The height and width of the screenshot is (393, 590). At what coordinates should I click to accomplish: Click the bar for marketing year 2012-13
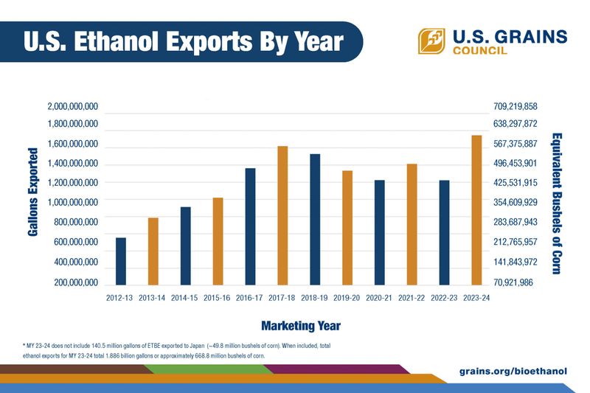pyautogui.click(x=121, y=261)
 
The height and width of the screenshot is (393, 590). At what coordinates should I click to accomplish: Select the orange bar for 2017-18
pyautogui.click(x=282, y=215)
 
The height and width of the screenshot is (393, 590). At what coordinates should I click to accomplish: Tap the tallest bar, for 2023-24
pyautogui.click(x=476, y=210)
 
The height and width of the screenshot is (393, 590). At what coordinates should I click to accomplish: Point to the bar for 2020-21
pyautogui.click(x=380, y=232)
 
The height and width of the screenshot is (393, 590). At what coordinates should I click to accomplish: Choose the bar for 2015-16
pyautogui.click(x=218, y=241)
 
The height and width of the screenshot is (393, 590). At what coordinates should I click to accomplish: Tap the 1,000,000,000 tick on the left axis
pyautogui.click(x=72, y=202)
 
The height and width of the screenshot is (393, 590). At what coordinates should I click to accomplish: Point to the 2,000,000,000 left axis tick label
pyautogui.click(x=72, y=107)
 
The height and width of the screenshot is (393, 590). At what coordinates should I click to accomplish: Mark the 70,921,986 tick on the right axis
pyautogui.click(x=518, y=282)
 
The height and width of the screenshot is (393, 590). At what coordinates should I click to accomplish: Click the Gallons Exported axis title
pyautogui.click(x=33, y=192)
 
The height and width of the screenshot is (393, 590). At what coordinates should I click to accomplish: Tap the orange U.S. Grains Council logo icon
pyautogui.click(x=431, y=41)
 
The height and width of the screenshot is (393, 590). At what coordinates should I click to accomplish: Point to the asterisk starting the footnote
pyautogui.click(x=25, y=345)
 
